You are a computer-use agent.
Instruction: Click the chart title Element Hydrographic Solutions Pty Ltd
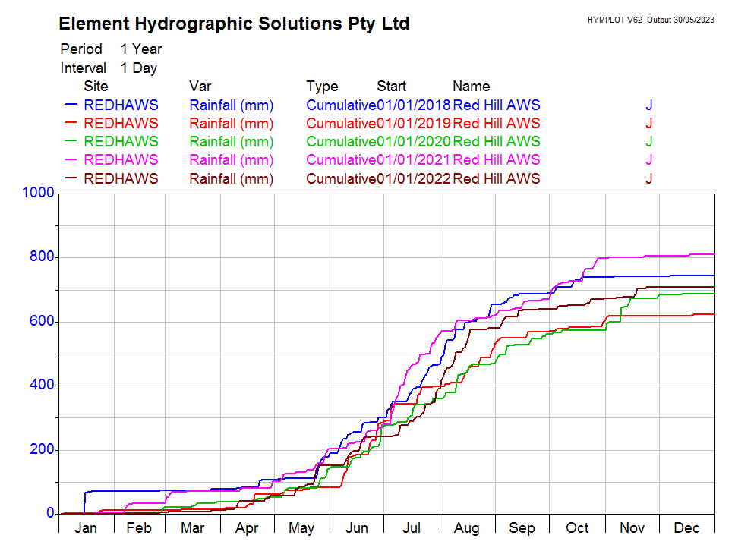click(234, 24)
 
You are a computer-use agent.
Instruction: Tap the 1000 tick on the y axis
click(39, 194)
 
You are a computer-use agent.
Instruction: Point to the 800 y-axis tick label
click(43, 257)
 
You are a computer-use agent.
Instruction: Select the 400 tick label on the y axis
click(43, 386)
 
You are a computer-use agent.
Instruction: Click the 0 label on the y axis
click(50, 514)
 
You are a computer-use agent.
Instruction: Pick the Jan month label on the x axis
click(86, 528)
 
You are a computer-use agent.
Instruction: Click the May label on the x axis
click(301, 528)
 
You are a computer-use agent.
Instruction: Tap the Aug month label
click(466, 528)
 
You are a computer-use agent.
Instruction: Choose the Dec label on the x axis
click(686, 528)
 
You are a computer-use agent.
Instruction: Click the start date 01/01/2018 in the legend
click(414, 105)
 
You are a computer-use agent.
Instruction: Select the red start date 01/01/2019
click(414, 123)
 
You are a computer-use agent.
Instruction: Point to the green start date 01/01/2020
click(414, 141)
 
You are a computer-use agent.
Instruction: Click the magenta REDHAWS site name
click(121, 159)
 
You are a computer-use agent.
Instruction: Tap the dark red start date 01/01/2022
click(414, 179)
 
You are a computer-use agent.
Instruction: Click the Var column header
click(200, 87)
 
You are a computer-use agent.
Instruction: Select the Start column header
click(391, 87)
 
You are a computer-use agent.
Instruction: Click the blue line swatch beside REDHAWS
click(72, 105)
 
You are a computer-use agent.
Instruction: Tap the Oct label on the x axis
click(577, 528)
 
